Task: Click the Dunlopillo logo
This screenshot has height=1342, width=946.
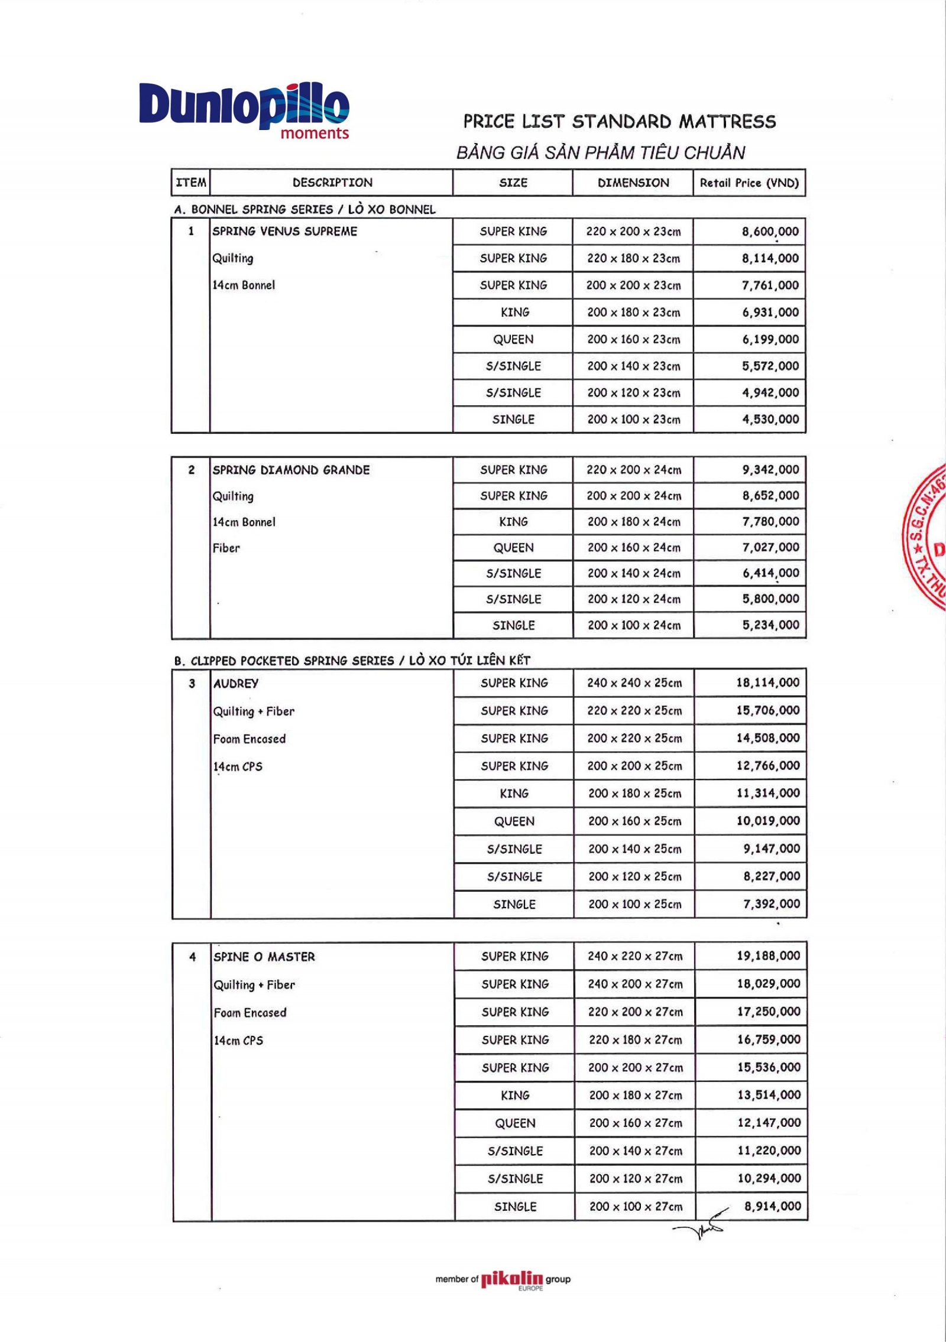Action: (x=244, y=110)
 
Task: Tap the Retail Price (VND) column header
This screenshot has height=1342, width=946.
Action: (x=749, y=183)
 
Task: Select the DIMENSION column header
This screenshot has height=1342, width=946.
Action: (x=633, y=183)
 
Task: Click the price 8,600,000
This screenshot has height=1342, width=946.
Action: (x=770, y=232)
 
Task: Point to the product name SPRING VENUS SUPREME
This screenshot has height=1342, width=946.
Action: (x=284, y=231)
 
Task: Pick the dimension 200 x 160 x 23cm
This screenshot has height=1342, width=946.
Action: (x=633, y=339)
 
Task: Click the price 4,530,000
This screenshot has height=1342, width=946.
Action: (x=770, y=420)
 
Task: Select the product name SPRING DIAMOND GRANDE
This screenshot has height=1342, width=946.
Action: (x=291, y=470)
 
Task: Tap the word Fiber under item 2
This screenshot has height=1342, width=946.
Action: (x=226, y=548)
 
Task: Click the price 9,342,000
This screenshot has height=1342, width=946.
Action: (x=770, y=470)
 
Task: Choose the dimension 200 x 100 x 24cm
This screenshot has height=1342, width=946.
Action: (x=634, y=625)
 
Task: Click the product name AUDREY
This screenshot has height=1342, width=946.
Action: (x=236, y=684)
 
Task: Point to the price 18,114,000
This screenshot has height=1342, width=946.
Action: (x=767, y=683)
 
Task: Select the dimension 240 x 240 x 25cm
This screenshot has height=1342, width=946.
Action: (x=634, y=683)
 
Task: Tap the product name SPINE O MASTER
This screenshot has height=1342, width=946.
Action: (x=264, y=957)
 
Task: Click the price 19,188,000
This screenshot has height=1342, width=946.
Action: (x=768, y=956)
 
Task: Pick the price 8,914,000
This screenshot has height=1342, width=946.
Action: (x=772, y=1206)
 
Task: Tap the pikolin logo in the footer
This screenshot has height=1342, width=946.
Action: (x=511, y=1280)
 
